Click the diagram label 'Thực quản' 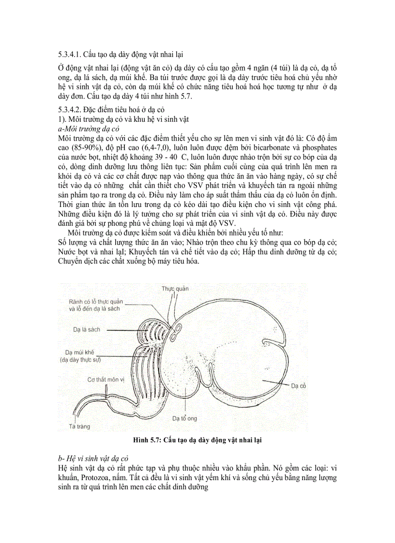coord(175,289)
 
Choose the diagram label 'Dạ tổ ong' coord(185,418)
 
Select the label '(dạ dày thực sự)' coord(81,360)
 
